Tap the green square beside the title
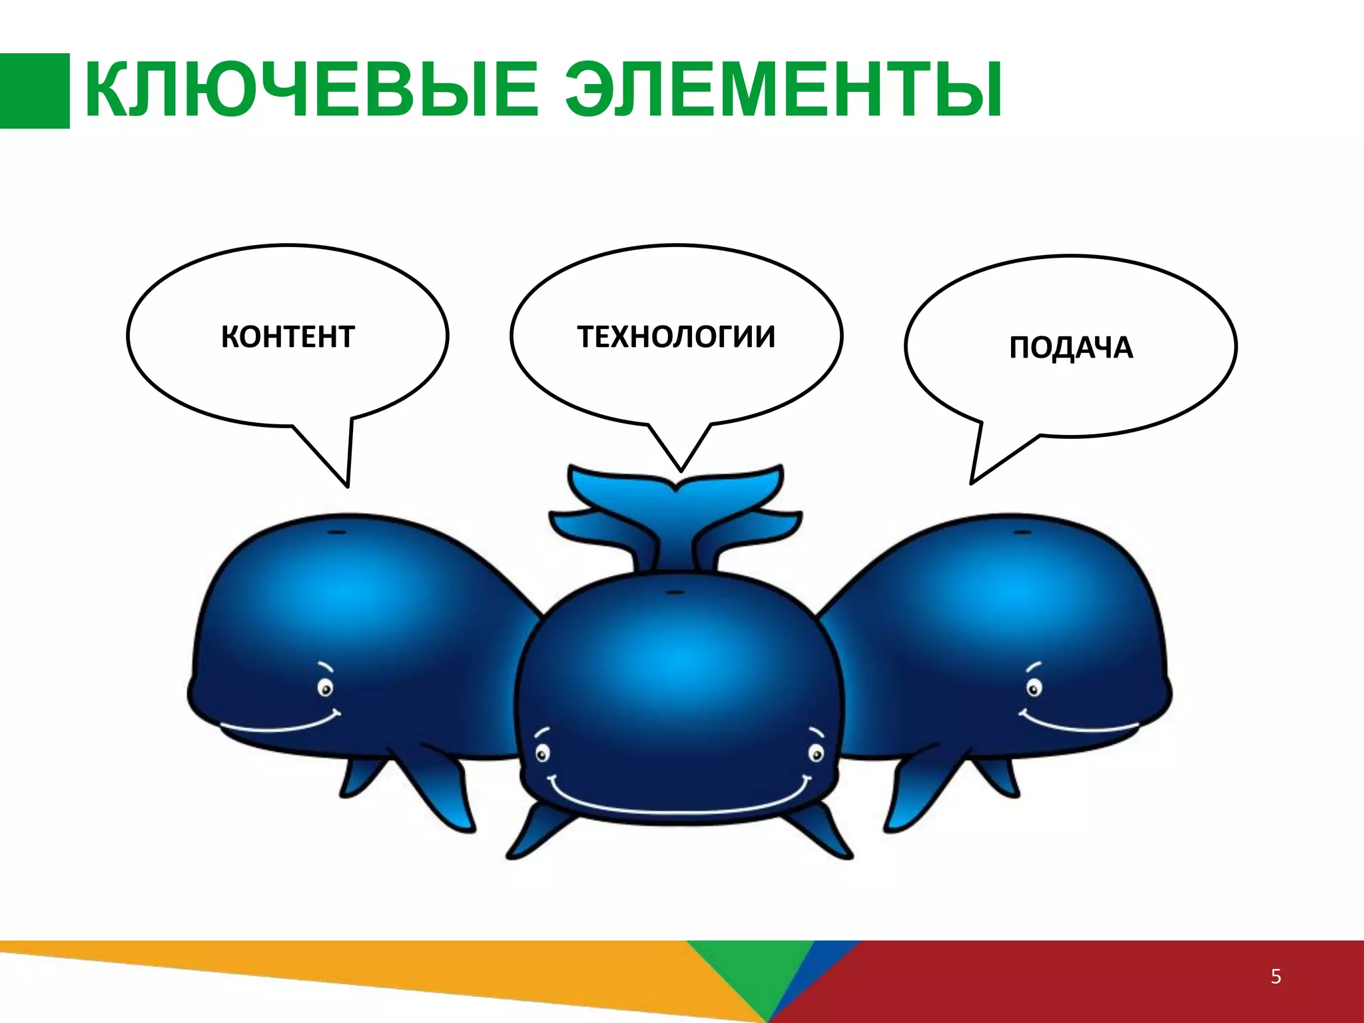point(34,91)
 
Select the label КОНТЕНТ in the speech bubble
point(287,337)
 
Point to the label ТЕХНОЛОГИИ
point(676,337)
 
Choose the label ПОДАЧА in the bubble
point(1070,348)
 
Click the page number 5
point(1275,977)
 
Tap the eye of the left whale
point(325,687)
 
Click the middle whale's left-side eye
point(543,755)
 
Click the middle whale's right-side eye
point(815,754)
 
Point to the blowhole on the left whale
point(338,533)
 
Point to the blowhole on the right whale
point(1020,533)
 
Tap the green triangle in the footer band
point(753,972)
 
